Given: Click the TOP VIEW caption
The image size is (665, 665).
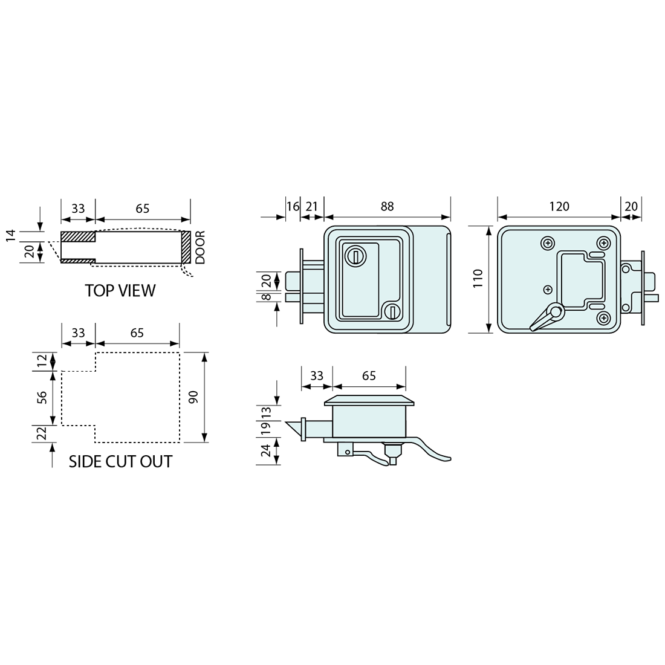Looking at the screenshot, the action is click(x=120, y=291).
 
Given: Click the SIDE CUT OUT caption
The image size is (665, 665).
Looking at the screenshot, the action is click(x=120, y=461).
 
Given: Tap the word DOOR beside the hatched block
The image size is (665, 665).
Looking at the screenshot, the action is click(x=199, y=247).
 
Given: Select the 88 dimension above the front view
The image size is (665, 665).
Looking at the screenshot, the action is click(x=387, y=206).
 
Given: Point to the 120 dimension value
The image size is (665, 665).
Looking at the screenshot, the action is click(x=559, y=206).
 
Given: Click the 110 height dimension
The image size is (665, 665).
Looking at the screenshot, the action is click(x=478, y=279).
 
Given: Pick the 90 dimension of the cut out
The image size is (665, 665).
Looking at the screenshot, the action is click(x=193, y=397).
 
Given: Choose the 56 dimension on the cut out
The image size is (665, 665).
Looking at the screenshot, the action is click(x=42, y=397).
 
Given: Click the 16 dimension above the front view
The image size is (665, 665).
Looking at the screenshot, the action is click(x=293, y=207).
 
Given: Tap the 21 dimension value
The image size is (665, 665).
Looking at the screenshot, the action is click(x=312, y=207).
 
